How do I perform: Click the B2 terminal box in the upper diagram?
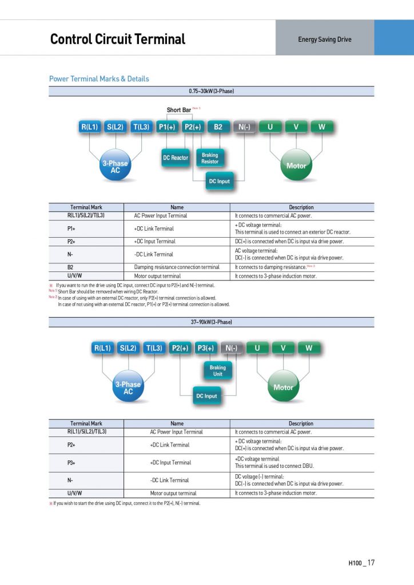218,127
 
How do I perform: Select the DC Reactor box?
176,158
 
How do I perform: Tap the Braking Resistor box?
210,158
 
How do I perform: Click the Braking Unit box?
218,371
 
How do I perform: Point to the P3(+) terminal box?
206,348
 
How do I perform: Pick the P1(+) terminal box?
166,127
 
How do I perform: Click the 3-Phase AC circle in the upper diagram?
116,166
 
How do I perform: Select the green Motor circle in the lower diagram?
283,387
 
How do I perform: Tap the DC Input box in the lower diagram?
206,396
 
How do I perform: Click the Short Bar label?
179,110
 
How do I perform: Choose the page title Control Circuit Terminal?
118,39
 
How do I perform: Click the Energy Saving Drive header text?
325,39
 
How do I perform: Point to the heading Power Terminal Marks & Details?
99,79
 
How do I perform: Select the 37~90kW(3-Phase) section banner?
212,322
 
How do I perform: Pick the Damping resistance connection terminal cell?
177,267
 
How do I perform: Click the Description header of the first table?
301,207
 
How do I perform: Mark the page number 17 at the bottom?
371,563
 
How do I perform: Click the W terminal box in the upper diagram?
322,127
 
